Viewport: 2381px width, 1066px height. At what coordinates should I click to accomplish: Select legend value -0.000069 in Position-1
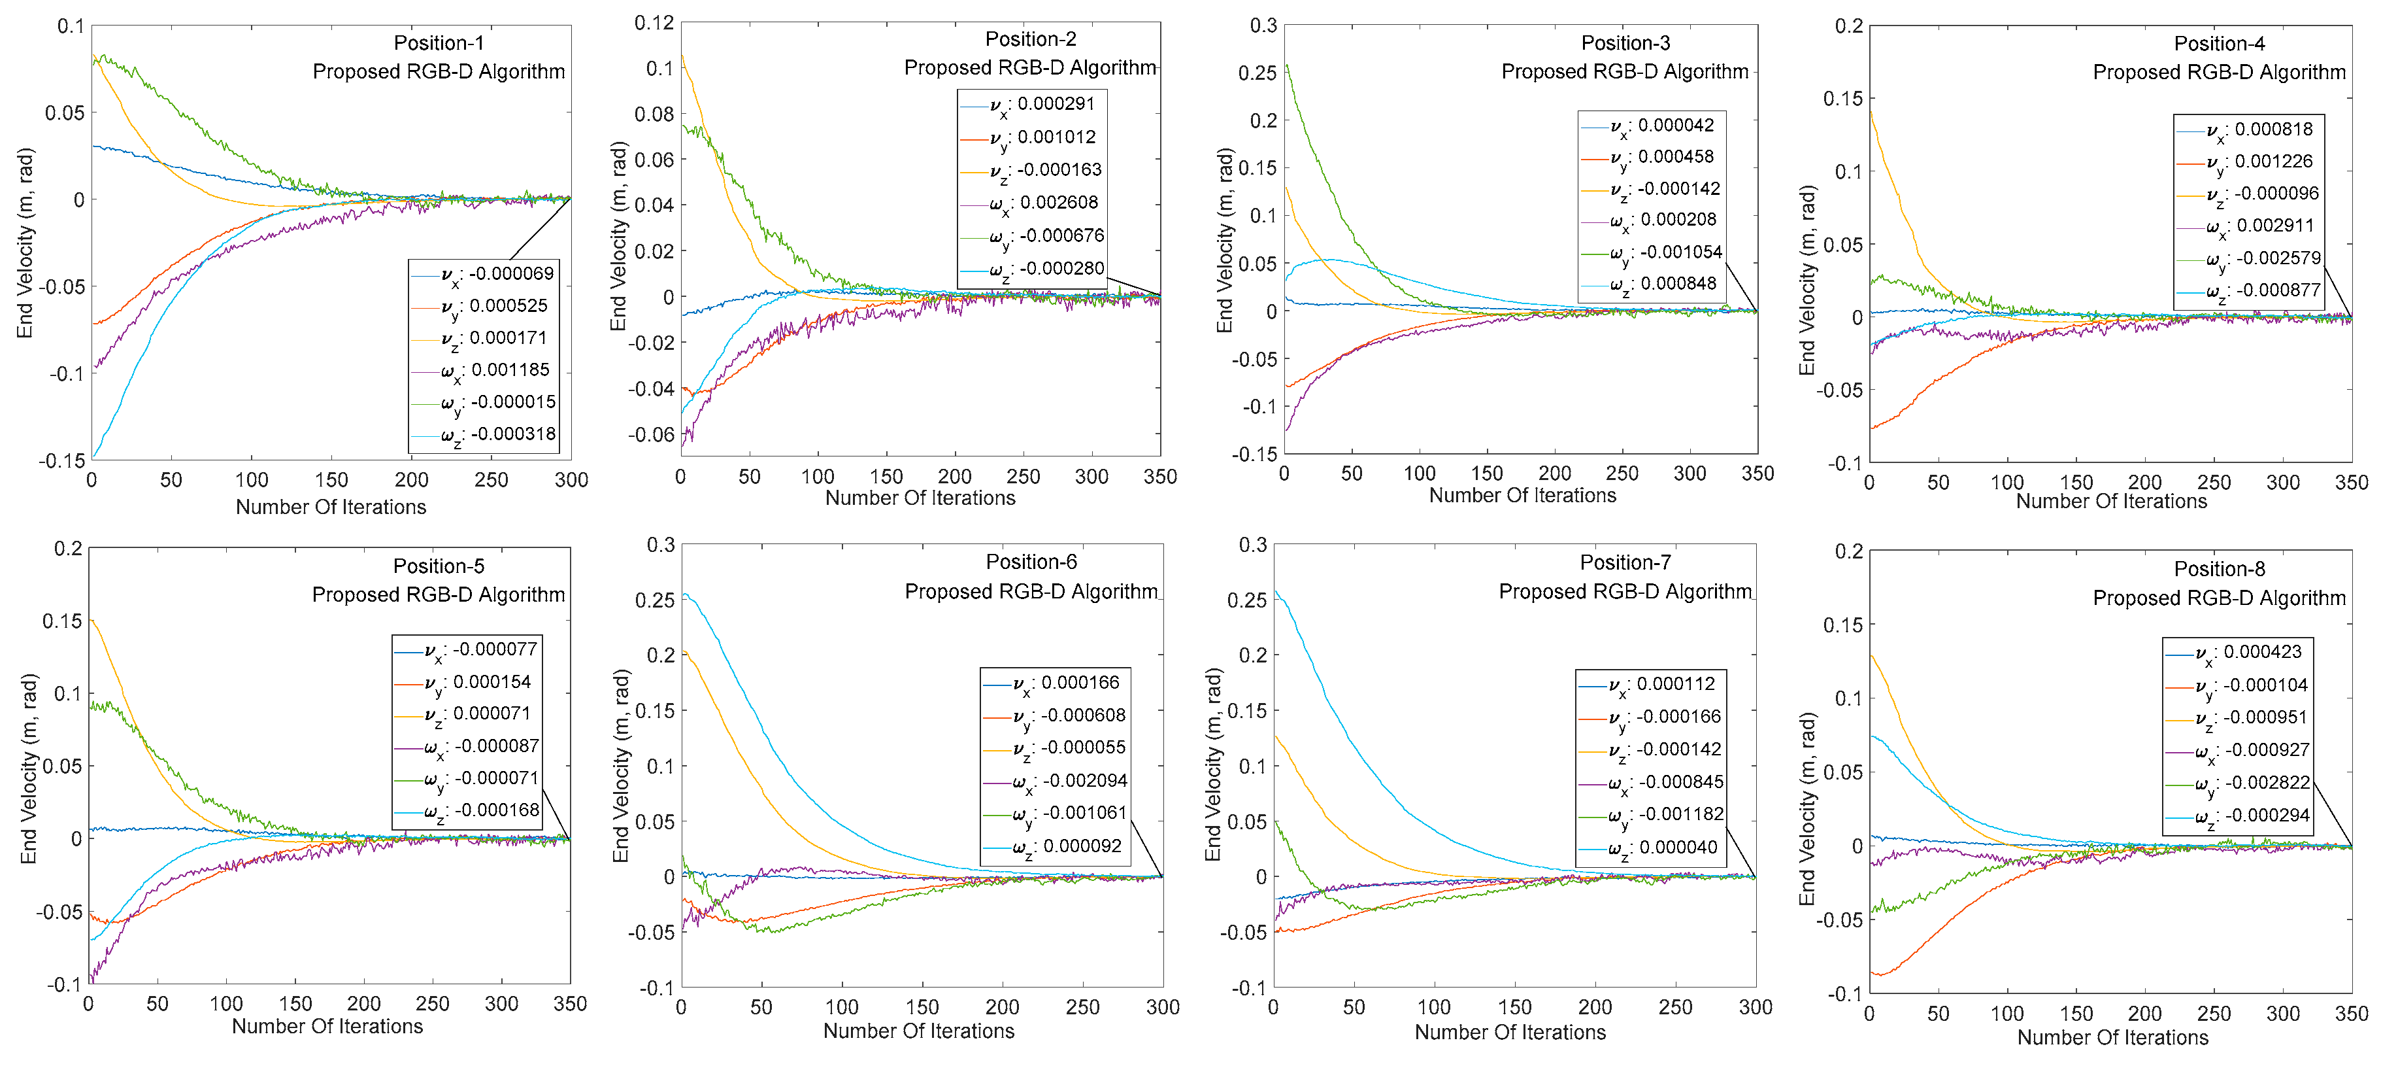[x=511, y=273]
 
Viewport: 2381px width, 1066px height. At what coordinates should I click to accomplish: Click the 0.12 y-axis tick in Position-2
[x=654, y=22]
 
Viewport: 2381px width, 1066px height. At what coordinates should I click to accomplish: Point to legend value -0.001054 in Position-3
[x=1680, y=252]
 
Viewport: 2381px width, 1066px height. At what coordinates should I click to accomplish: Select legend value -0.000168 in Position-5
[x=495, y=810]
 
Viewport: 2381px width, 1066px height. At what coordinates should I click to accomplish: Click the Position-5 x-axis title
[x=327, y=1026]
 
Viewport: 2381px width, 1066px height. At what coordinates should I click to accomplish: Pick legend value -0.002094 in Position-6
[x=1084, y=780]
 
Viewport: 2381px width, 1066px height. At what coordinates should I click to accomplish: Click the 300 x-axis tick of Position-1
[x=571, y=480]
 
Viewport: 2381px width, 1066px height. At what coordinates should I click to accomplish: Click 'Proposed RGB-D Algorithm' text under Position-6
[x=1031, y=592]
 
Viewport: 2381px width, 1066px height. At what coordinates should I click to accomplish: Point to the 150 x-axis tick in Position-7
[x=1514, y=1007]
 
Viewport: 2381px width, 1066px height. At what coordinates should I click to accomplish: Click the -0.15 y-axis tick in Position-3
[x=1254, y=454]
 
